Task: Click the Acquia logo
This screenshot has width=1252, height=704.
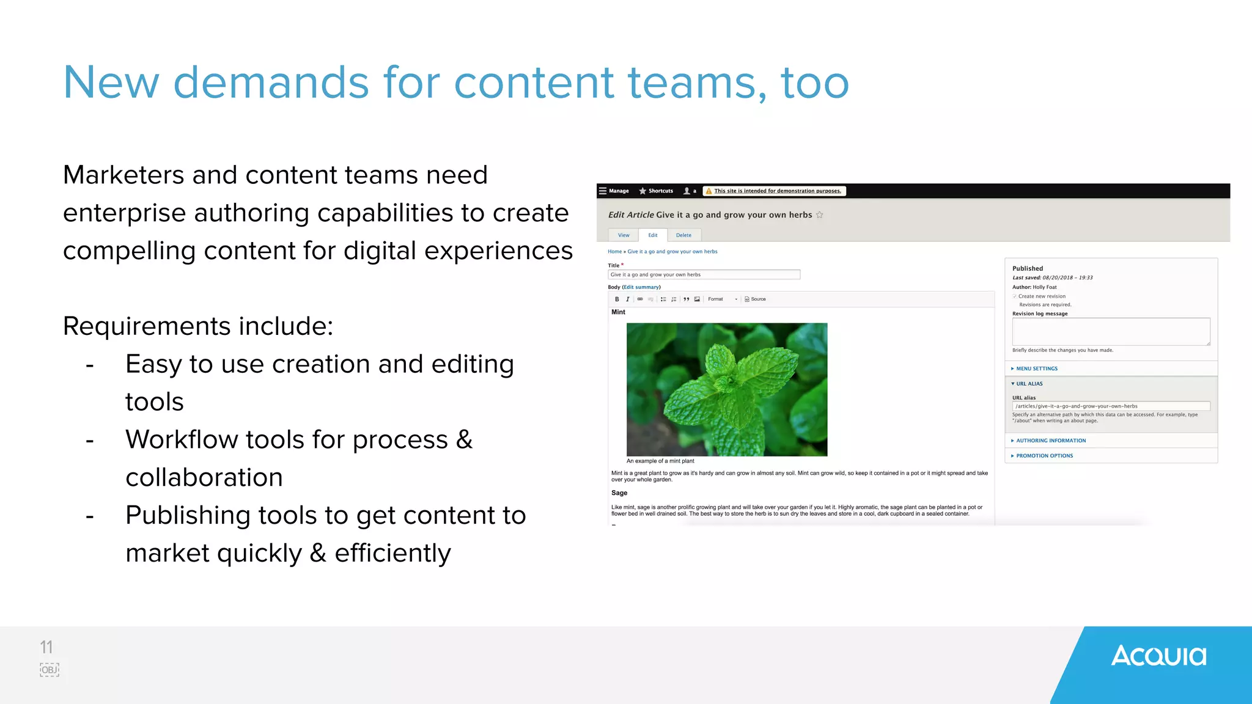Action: [x=1158, y=656]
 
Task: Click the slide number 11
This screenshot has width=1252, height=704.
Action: [x=46, y=647]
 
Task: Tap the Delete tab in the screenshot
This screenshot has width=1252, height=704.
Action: [x=683, y=235]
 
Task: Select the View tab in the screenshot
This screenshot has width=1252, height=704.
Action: [x=624, y=235]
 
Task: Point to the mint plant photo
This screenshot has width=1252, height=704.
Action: [x=727, y=389]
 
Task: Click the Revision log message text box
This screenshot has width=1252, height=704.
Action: [x=1111, y=331]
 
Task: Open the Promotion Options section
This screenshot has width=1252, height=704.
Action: [x=1044, y=456]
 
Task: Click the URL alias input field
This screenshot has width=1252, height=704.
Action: [x=1111, y=406]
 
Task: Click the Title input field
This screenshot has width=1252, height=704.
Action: [x=704, y=275]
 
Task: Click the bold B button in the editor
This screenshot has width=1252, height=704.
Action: [x=617, y=299]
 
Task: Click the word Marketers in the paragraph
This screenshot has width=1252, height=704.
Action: [x=123, y=175]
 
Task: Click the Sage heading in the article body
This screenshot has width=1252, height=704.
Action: [x=619, y=493]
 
